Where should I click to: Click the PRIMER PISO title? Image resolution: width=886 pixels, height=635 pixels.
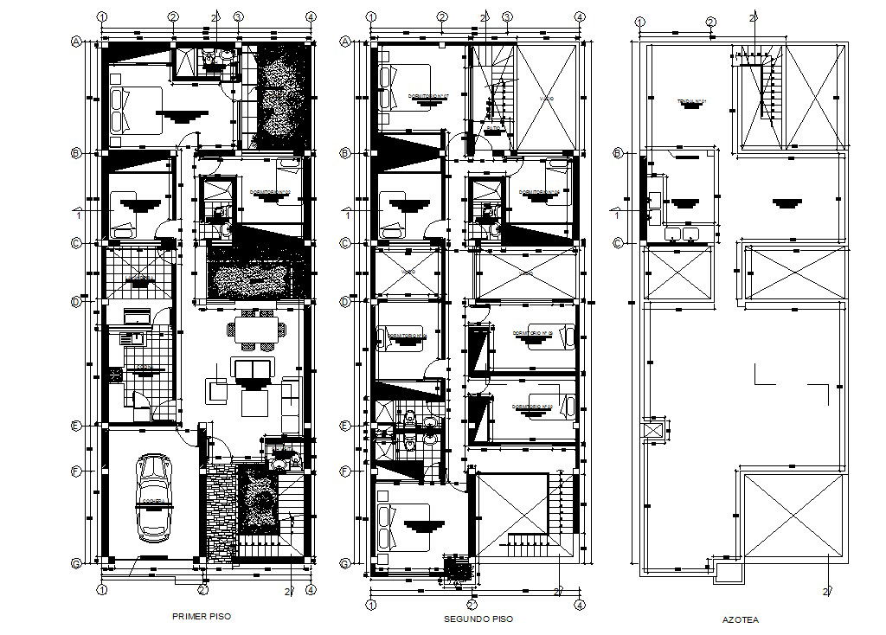202,617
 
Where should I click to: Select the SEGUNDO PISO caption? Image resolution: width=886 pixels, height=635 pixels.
478,619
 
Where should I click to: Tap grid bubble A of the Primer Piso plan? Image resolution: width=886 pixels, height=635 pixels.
76,41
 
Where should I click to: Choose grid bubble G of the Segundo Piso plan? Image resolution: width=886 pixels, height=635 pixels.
345,563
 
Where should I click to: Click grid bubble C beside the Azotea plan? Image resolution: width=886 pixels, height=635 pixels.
618,243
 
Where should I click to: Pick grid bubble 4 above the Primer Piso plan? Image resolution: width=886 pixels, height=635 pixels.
310,16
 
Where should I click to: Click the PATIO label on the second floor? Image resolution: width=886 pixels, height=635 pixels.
493,129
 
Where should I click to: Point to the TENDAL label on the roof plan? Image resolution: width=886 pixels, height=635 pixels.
691,102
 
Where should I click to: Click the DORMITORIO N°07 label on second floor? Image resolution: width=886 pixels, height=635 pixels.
427,96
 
